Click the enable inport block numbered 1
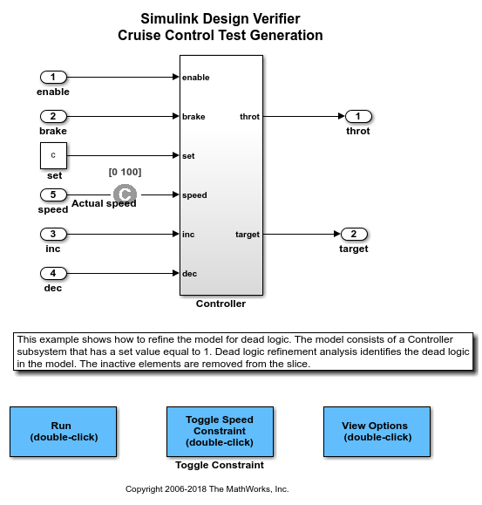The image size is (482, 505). coord(53,78)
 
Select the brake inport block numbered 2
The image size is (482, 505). coord(53,116)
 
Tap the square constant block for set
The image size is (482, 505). coord(53,155)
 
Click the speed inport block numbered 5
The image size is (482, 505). coord(53,194)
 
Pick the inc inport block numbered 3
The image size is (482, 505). coord(53,234)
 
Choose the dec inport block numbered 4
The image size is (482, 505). coord(53,274)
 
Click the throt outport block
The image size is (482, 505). coord(358,116)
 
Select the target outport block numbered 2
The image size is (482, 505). coord(354,234)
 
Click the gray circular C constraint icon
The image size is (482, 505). coord(125,194)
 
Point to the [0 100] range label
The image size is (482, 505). coord(125,172)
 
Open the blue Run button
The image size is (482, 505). coord(63,432)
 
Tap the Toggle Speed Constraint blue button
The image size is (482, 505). coord(220,432)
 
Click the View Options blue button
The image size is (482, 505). coord(377,432)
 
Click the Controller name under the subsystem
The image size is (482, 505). coord(221,304)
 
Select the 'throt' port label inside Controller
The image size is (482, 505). coord(249,117)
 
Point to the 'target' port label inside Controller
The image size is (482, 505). coord(248,235)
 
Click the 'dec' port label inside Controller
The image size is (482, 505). coord(189,274)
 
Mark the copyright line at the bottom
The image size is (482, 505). coord(207,489)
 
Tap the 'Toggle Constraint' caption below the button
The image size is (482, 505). coord(220,465)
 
